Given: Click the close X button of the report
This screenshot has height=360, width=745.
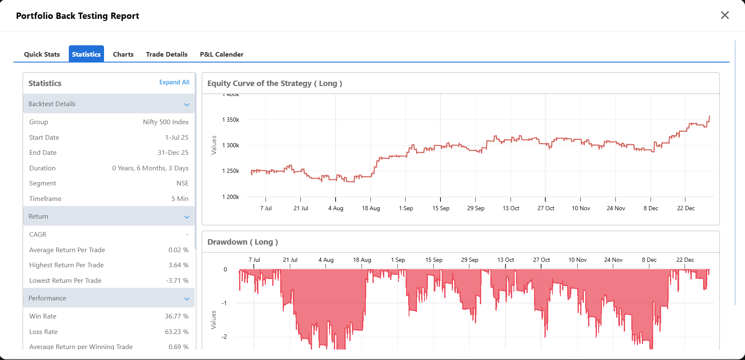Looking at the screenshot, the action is [724, 15].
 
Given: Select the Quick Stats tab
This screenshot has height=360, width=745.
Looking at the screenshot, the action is [42, 54].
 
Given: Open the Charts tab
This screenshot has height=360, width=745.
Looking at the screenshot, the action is [123, 54].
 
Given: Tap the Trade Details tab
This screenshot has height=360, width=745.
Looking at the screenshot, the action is [167, 54].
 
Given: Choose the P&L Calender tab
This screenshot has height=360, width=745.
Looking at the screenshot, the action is [221, 54].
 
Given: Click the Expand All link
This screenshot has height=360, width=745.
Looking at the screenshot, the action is [174, 82].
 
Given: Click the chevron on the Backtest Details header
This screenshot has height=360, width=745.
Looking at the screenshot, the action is [187, 104].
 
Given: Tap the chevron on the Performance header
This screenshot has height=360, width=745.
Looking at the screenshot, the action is [187, 299].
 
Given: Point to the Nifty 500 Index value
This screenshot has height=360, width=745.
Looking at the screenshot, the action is [166, 122].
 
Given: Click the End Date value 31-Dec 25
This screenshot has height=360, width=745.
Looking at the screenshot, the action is [173, 153].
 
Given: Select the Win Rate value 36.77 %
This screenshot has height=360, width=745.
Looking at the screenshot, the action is [177, 316].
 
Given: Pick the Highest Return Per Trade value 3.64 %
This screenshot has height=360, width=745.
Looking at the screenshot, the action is [178, 265].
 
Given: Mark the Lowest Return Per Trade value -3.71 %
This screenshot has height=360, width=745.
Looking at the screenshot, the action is [177, 281].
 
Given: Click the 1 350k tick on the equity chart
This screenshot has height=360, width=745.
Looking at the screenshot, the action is [231, 120].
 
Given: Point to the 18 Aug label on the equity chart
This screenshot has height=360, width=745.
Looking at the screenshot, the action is [371, 208].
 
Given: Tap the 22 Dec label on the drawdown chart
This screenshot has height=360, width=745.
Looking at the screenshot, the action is [685, 260].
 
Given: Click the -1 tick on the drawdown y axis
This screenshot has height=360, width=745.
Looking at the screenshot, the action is [224, 303].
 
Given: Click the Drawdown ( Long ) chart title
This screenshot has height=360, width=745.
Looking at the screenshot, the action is [242, 242].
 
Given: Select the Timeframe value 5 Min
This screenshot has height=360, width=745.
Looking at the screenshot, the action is [180, 199].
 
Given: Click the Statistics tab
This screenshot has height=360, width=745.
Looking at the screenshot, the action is [86, 54].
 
